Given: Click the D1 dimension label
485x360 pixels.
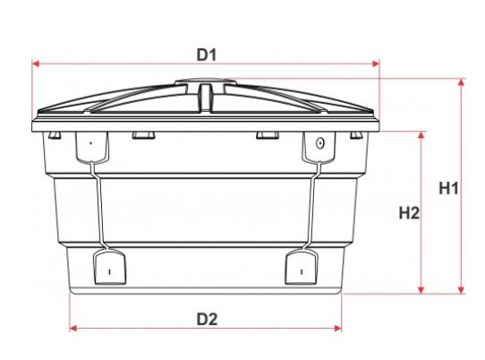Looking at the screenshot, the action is click(x=207, y=56).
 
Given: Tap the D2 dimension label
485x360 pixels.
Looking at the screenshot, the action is click(x=207, y=319).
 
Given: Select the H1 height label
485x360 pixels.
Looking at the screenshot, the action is click(x=448, y=188).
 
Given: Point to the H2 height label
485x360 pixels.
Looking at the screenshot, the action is click(x=409, y=213).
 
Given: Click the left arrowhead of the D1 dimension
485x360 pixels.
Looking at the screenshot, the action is click(x=36, y=64).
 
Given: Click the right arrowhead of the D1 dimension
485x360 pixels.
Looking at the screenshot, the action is click(x=376, y=64).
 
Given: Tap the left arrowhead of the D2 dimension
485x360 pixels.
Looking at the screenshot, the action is click(x=73, y=328).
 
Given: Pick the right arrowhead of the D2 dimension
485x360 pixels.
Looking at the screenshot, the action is click(x=337, y=328).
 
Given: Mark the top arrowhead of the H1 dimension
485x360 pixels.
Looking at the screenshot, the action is click(x=461, y=82).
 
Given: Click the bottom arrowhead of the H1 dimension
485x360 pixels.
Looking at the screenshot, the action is click(x=461, y=290).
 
